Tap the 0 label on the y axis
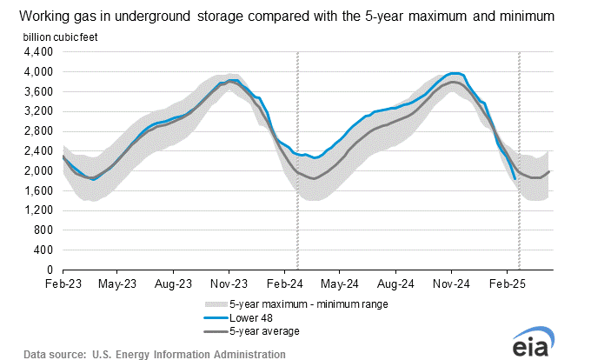[x=50, y=270]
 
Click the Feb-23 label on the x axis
[x=63, y=283]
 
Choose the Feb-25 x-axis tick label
[x=507, y=283]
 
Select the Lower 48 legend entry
[x=250, y=317]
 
